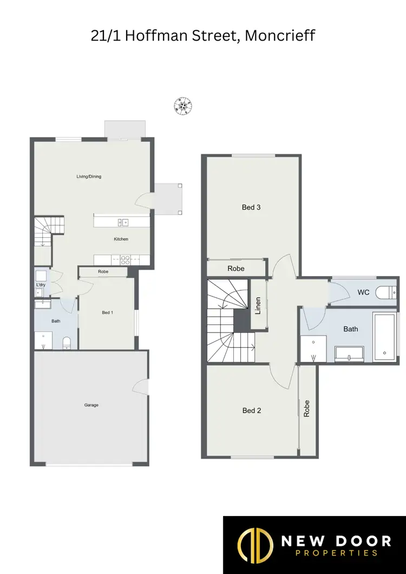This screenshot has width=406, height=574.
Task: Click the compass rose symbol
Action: click(x=184, y=106)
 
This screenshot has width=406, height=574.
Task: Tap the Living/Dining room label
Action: click(x=89, y=177)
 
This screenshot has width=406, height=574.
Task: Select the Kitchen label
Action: click(x=121, y=239)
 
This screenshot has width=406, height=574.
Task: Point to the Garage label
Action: click(x=91, y=405)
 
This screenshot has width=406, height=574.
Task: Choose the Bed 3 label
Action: click(x=251, y=207)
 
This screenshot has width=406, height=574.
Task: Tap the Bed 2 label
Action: click(x=252, y=411)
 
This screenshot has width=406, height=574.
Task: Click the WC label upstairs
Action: click(x=363, y=292)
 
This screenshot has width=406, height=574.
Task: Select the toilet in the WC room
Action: click(x=387, y=293)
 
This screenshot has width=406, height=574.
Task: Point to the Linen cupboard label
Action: click(x=258, y=306)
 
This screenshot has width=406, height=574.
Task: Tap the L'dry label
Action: click(x=41, y=285)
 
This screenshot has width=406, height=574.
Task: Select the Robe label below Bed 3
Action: click(x=235, y=269)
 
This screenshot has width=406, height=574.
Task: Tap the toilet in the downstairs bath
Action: click(x=67, y=343)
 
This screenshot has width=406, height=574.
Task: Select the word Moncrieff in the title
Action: click(x=280, y=36)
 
